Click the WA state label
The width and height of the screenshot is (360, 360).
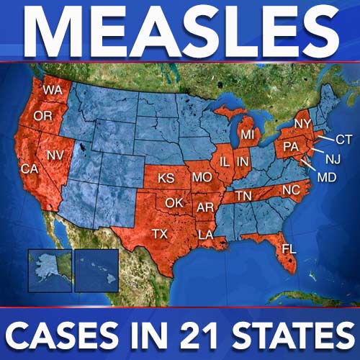pyautogui.click(x=52, y=91)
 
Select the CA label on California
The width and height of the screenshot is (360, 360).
pyautogui.click(x=30, y=168)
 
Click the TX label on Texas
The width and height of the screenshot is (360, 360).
pyautogui.click(x=160, y=233)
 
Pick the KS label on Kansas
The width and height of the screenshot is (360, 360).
pyautogui.click(x=166, y=177)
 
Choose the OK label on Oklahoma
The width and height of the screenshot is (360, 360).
pyautogui.click(x=174, y=202)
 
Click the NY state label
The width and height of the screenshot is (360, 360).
pyautogui.click(x=301, y=124)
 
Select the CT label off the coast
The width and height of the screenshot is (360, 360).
pyautogui.click(x=344, y=138)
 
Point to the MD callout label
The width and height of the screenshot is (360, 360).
pyautogui.click(x=327, y=176)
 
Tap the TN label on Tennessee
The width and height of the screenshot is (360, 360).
pyautogui.click(x=244, y=196)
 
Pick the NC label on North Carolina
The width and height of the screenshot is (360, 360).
pyautogui.click(x=289, y=190)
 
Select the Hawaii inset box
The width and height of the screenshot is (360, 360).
pyautogui.click(x=96, y=269)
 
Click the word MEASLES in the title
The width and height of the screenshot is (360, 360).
pyautogui.click(x=180, y=31)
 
